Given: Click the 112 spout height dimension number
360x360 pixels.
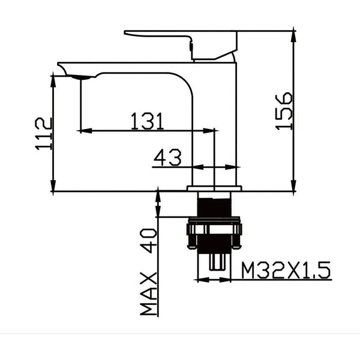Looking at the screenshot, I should [x=43, y=135].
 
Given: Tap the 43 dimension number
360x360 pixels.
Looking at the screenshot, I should [x=167, y=158].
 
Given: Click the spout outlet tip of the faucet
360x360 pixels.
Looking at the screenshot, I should [x=79, y=76].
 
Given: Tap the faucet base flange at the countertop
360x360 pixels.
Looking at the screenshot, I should [x=214, y=188].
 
